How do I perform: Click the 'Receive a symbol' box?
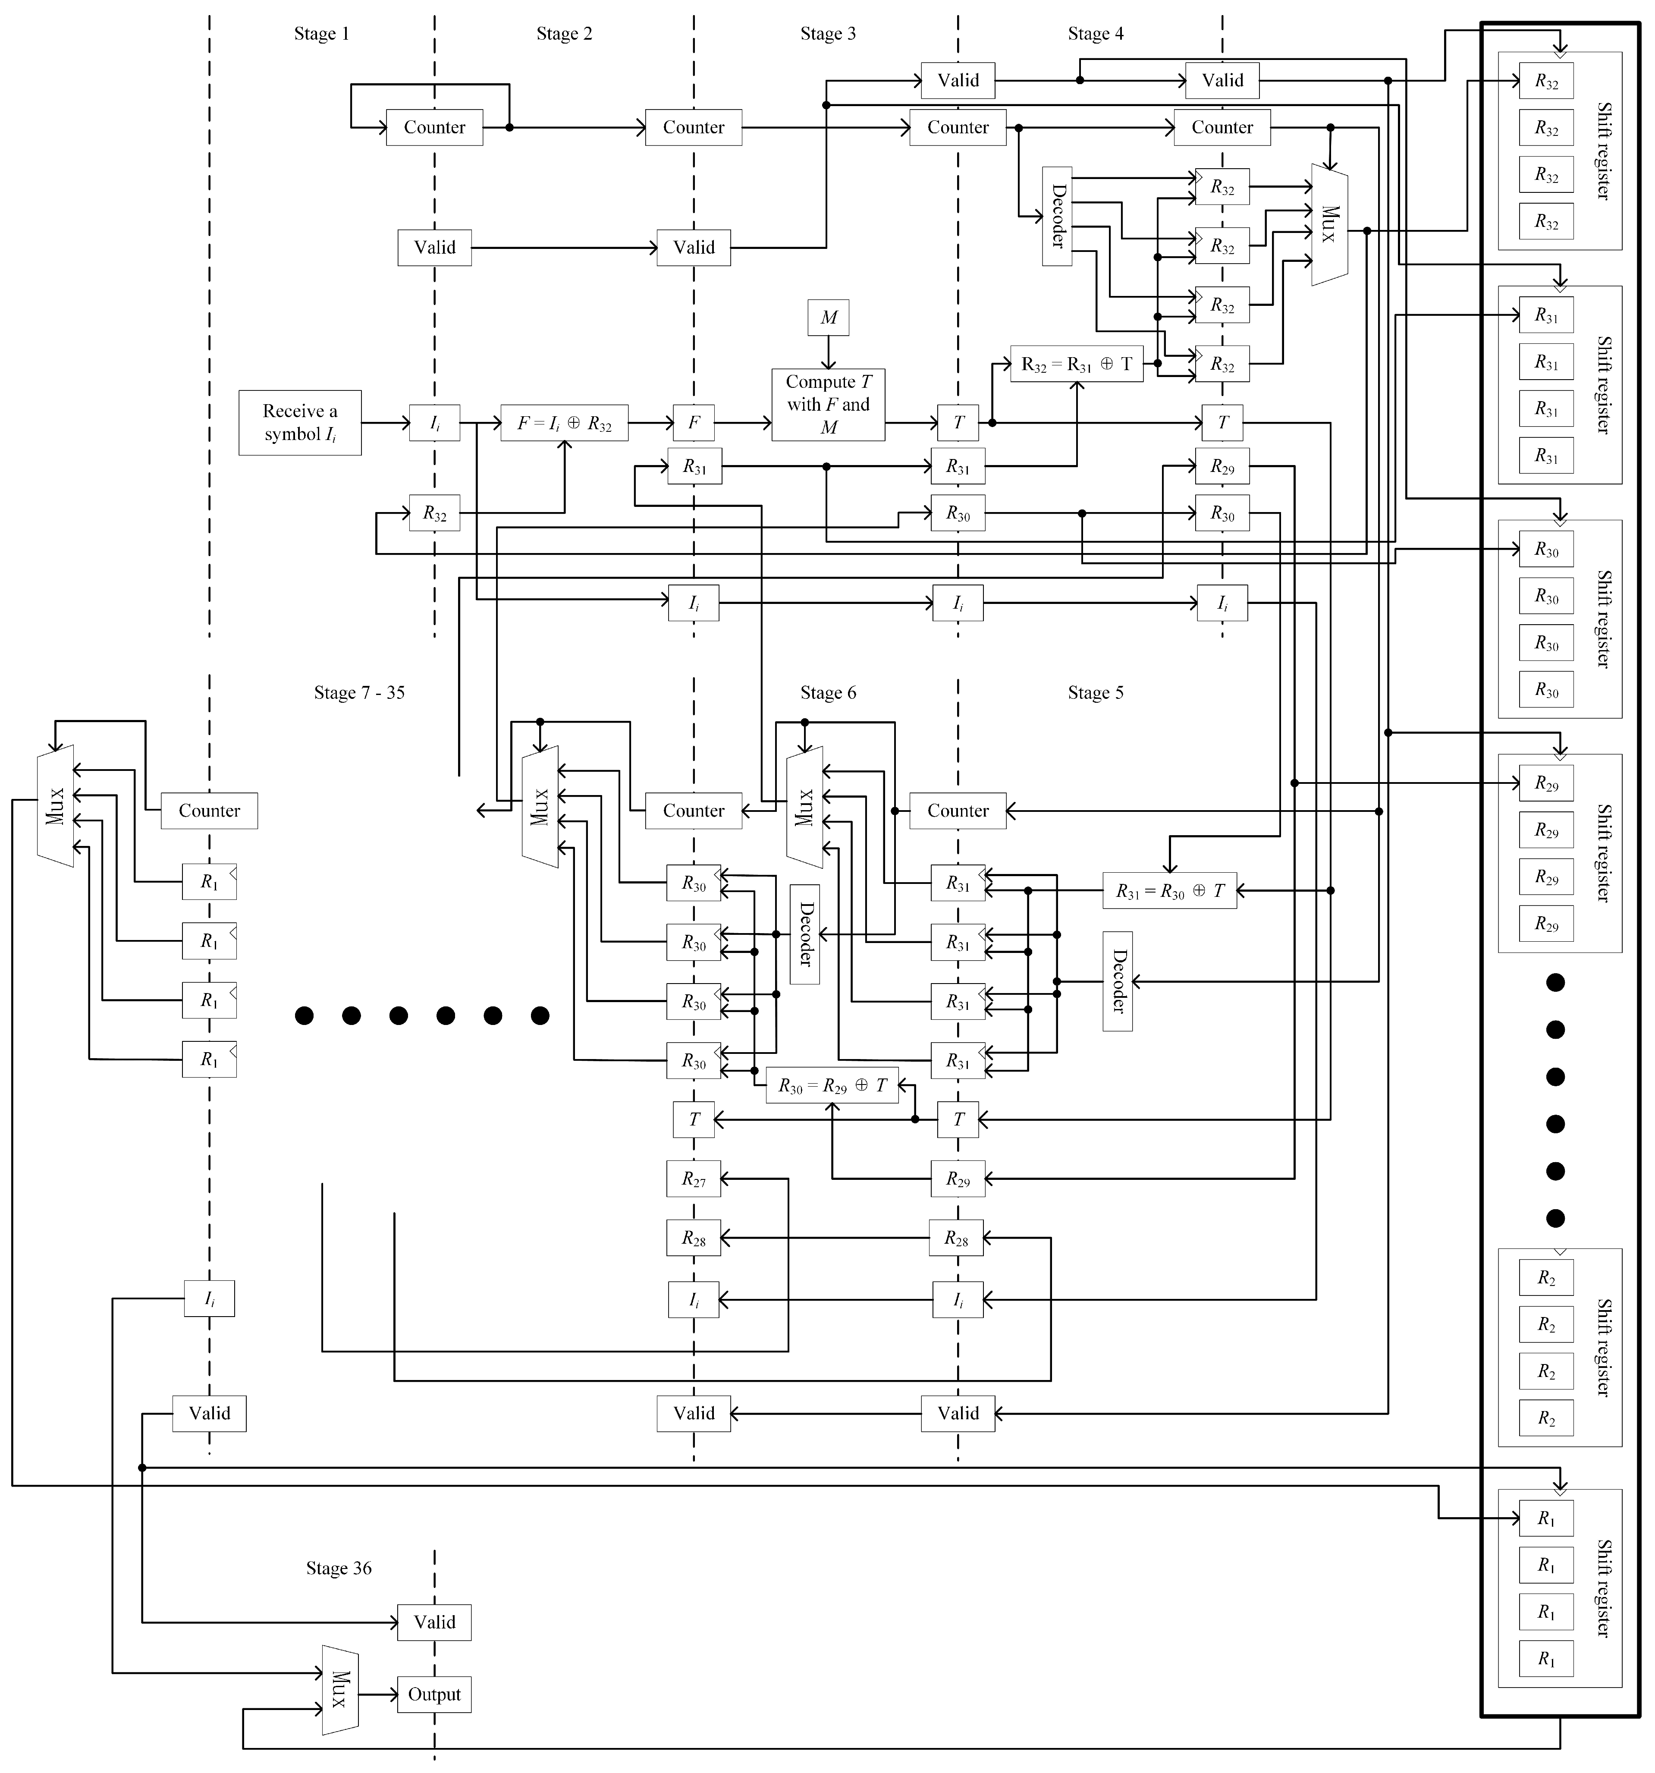(x=300, y=423)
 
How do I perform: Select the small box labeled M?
(x=829, y=318)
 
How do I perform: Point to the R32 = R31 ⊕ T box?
(x=1076, y=364)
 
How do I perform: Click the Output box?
(x=434, y=1694)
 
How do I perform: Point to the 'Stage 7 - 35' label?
(x=359, y=693)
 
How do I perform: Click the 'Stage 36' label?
(x=339, y=1568)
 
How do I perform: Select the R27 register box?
(x=694, y=1179)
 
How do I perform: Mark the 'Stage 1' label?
(x=322, y=34)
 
